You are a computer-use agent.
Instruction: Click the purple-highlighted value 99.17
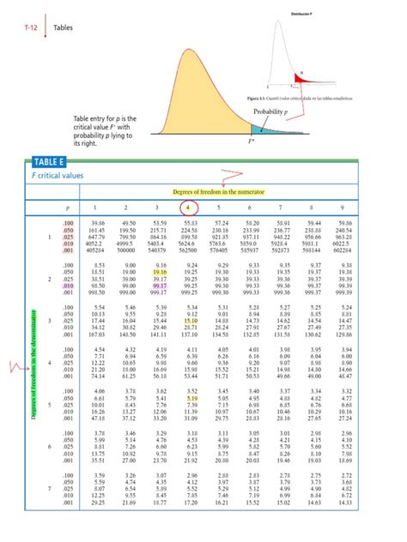click(x=156, y=285)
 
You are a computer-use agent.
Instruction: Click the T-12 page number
click(x=30, y=27)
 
